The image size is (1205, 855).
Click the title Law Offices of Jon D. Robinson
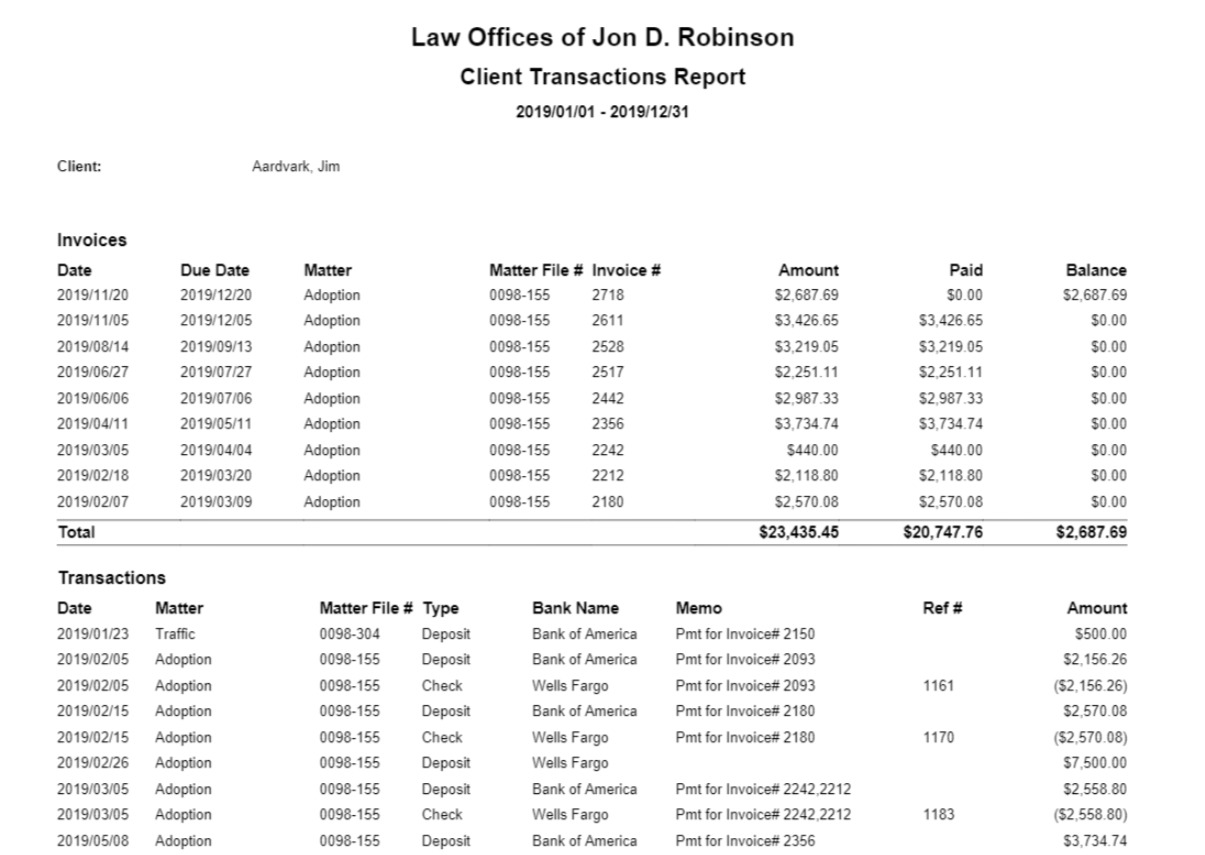602,38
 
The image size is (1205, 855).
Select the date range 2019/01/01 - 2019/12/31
602,112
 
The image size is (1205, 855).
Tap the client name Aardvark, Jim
295,167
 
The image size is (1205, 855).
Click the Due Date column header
215,270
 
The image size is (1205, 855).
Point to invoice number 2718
608,295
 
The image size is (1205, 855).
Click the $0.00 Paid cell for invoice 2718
964,295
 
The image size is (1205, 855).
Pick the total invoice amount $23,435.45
798,533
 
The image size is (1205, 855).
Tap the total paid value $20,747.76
942,533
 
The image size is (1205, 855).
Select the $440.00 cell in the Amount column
813,450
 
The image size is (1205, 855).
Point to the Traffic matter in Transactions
175,634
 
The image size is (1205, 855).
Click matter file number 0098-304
350,634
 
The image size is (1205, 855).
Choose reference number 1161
940,686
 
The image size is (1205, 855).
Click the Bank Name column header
575,608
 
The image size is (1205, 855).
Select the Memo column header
698,608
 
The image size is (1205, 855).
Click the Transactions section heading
112,578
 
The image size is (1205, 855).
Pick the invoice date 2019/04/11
93,424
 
